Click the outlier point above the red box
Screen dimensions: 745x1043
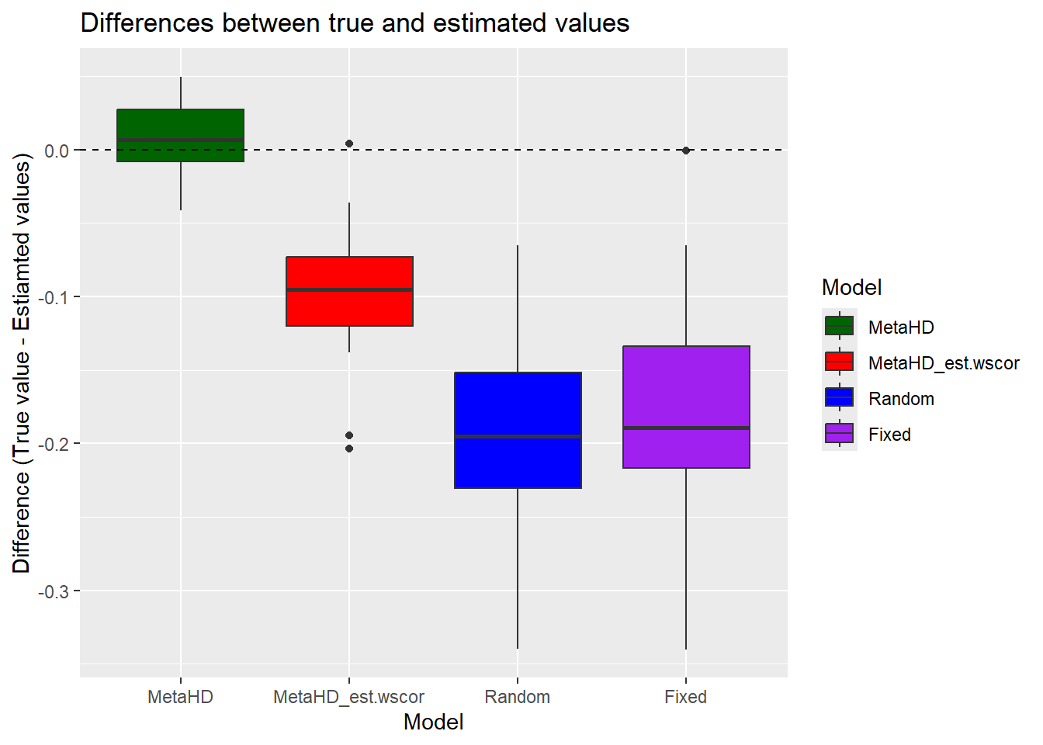[x=349, y=144]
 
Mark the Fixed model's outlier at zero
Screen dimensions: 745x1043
[x=686, y=151]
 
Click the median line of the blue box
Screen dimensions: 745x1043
[x=518, y=437]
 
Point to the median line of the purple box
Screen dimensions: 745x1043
[x=686, y=428]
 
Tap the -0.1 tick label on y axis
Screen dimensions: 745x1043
[x=54, y=297]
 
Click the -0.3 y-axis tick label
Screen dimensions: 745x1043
[x=54, y=591]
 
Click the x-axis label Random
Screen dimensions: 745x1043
[x=518, y=697]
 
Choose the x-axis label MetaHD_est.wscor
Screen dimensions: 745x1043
[x=349, y=697]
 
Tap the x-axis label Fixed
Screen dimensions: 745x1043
[x=686, y=697]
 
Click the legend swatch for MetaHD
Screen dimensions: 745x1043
[x=839, y=327]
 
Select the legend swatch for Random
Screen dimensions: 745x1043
[x=839, y=398]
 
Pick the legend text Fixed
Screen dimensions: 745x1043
[x=889, y=435]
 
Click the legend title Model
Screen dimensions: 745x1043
[x=851, y=288]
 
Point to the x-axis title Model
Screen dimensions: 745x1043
[x=433, y=722]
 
